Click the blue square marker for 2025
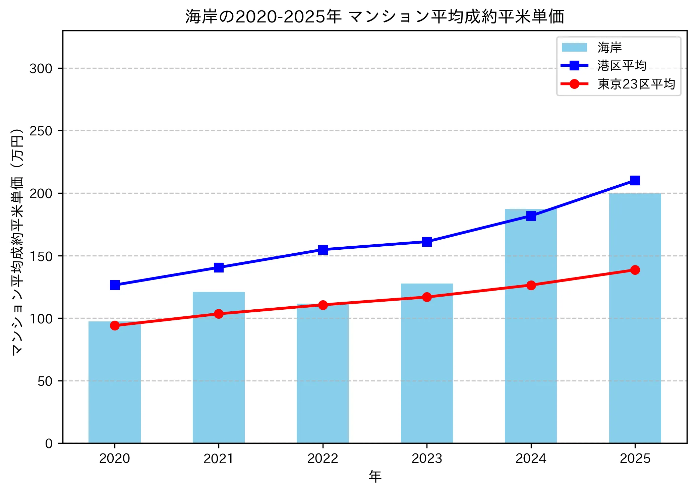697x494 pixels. click(635, 181)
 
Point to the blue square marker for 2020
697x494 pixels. click(115, 285)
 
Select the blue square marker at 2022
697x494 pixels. click(323, 250)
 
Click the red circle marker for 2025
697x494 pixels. click(635, 270)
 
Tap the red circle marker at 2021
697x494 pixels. click(219, 314)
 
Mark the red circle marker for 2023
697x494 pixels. click(427, 297)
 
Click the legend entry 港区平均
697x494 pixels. click(622, 66)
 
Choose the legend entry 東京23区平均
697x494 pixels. click(636, 84)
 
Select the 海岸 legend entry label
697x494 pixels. click(609, 48)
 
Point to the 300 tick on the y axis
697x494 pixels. click(41, 68)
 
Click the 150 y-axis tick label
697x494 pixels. click(41, 256)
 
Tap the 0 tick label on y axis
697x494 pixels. click(49, 444)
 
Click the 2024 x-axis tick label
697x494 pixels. click(531, 458)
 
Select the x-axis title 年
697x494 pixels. click(375, 477)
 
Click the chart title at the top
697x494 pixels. click(375, 16)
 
